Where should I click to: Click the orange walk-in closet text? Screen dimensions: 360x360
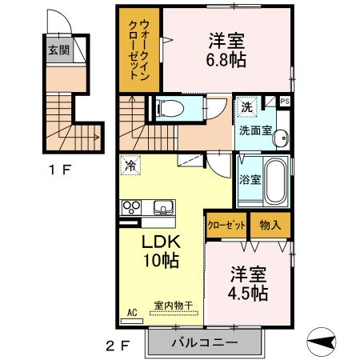coord(139,48)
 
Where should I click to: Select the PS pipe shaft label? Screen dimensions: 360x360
coord(284,100)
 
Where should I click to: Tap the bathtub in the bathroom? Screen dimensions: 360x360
coord(275,182)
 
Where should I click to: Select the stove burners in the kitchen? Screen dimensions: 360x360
coord(130,207)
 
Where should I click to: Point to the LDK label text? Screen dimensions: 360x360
coord(162,241)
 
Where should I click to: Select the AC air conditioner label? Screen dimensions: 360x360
coord(131,314)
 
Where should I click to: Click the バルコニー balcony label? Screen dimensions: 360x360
coord(203,342)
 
